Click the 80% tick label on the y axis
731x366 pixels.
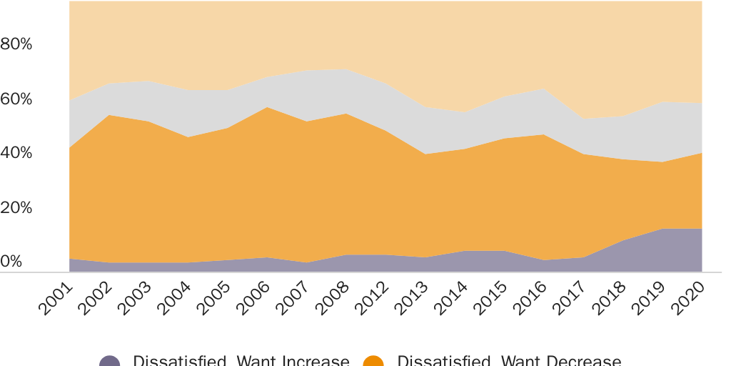click(x=16, y=44)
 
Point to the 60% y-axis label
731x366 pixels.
click(x=16, y=99)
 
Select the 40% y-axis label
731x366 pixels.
click(x=16, y=153)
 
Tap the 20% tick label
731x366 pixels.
click(x=16, y=208)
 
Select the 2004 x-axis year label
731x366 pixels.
click(x=174, y=299)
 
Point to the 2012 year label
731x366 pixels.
click(x=372, y=299)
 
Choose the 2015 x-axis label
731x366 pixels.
click(x=490, y=299)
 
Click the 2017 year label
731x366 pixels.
click(x=570, y=299)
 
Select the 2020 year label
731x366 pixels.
click(x=688, y=299)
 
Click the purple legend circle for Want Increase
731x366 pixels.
click(x=109, y=361)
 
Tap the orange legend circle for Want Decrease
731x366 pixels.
click(x=373, y=361)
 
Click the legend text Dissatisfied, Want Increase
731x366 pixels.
click(x=241, y=361)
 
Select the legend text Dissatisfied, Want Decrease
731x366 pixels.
click(x=508, y=361)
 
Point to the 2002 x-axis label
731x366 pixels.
click(x=95, y=299)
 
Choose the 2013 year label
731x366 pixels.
click(x=411, y=299)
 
